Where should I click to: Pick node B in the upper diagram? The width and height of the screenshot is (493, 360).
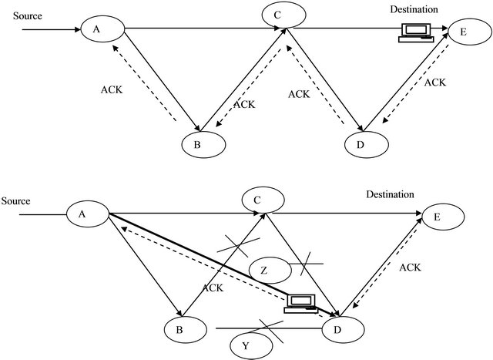click(203, 143)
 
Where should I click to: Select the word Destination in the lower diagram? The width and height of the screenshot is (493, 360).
click(390, 195)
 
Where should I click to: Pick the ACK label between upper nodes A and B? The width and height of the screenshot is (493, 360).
click(111, 89)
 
